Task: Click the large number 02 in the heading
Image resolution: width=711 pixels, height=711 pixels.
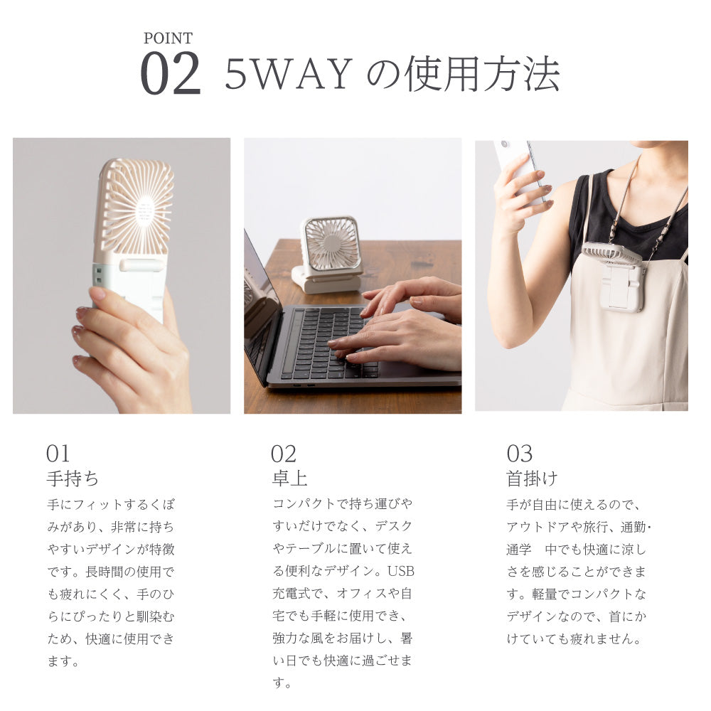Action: tap(171, 74)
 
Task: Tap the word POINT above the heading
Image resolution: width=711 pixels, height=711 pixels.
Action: tap(168, 38)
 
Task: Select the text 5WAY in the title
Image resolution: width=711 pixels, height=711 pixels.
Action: tap(289, 74)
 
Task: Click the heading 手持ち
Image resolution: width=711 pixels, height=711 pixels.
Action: tap(73, 478)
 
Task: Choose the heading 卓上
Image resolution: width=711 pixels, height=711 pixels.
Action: tap(289, 478)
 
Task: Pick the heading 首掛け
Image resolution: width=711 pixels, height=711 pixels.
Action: tap(532, 478)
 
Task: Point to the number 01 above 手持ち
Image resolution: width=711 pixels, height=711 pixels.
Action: tap(58, 454)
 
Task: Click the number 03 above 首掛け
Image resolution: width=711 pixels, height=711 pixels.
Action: tap(519, 454)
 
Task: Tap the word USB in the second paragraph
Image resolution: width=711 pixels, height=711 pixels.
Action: tap(401, 571)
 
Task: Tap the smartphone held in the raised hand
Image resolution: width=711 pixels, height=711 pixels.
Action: tap(522, 167)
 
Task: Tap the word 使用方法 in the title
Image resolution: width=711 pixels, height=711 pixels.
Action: tap(481, 74)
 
